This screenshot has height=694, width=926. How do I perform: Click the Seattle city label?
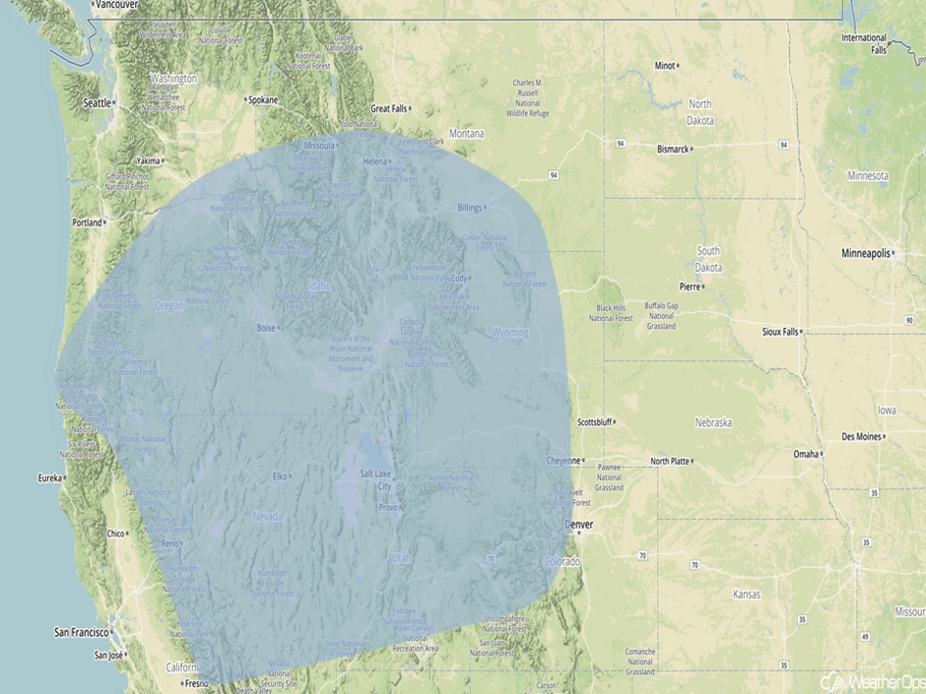click(98, 102)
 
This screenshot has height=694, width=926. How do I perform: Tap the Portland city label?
click(87, 222)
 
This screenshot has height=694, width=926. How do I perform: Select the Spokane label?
click(263, 99)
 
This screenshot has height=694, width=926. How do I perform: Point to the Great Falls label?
click(388, 108)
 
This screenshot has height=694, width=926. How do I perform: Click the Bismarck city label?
click(673, 150)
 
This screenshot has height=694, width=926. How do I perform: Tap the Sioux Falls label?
click(780, 332)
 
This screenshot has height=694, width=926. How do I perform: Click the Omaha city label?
click(806, 454)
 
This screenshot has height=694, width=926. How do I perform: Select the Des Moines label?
click(861, 436)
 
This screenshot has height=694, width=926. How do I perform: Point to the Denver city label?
click(578, 525)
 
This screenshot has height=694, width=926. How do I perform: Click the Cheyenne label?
click(564, 461)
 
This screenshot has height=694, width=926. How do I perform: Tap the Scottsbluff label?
click(594, 422)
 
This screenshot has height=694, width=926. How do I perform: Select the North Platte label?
click(670, 461)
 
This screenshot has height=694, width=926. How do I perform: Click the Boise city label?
click(266, 328)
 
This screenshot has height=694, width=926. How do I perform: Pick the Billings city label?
click(470, 208)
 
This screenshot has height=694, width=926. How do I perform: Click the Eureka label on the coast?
click(49, 478)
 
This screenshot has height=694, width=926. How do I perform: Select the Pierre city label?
click(689, 286)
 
